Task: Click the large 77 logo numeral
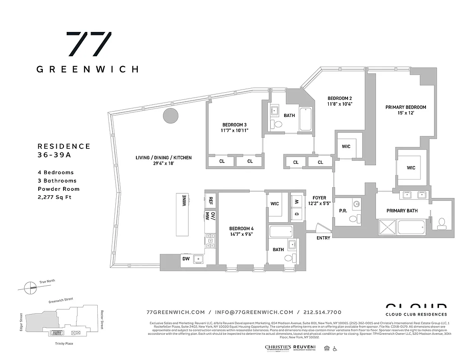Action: pyautogui.click(x=89, y=44)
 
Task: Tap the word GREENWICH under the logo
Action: pyautogui.click(x=87, y=69)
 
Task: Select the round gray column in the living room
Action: pyautogui.click(x=170, y=116)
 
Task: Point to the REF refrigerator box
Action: pyautogui.click(x=210, y=201)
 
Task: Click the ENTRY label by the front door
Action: pyautogui.click(x=323, y=238)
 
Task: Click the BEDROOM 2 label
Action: pyautogui.click(x=339, y=98)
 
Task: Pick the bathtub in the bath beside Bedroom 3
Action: pyautogui.click(x=306, y=119)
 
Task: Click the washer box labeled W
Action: pyautogui.click(x=297, y=201)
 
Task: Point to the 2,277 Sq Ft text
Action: pyautogui.click(x=54, y=197)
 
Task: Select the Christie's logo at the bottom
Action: pyautogui.click(x=277, y=347)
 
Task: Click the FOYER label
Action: pyautogui.click(x=319, y=198)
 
